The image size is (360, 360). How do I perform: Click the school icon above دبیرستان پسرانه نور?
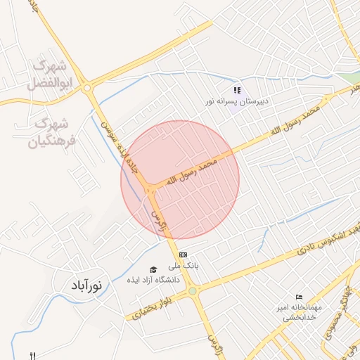[238, 90]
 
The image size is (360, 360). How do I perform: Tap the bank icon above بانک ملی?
[183, 255]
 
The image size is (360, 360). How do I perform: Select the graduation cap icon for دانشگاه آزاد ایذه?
[153, 269]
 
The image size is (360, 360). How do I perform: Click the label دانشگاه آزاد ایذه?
[153, 281]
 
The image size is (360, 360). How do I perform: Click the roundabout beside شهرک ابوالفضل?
[86, 88]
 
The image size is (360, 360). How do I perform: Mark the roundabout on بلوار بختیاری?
[192, 289]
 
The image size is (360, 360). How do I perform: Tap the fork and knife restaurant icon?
[32, 355]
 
